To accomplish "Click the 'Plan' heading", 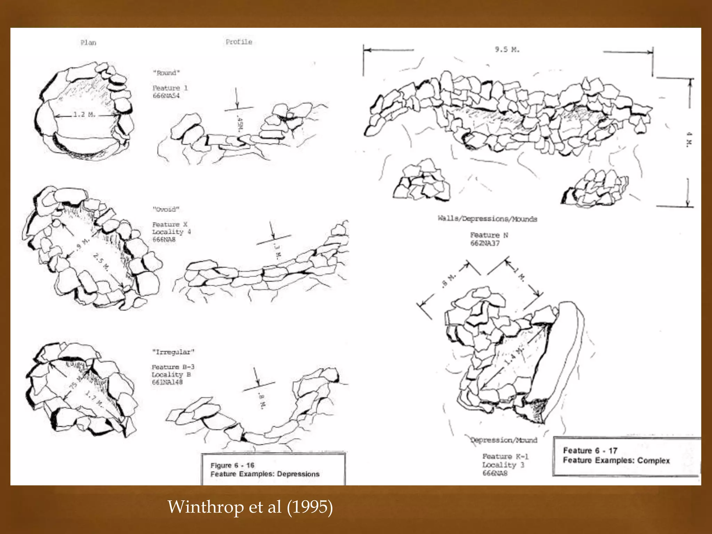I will coord(88,43).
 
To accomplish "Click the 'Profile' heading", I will coord(239,42).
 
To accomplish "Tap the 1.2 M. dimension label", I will coord(84,114).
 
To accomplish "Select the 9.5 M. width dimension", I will coord(507,50).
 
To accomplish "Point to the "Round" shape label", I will coord(167,73).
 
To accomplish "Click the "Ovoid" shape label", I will coord(166,209).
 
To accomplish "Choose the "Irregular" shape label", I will coord(173,352).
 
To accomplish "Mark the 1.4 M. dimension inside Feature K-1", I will coord(514,356).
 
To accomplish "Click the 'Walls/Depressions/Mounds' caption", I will coord(487,219).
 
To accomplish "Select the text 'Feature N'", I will coord(489,235).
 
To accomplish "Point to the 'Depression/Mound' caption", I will coord(504,440).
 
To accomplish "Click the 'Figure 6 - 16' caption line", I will coord(232,466).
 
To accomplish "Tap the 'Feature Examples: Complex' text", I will coord(616,461).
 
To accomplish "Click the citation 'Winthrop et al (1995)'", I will coord(250,507).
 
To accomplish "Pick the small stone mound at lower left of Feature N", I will coord(422,181).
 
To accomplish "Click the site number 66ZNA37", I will coord(485,243).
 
